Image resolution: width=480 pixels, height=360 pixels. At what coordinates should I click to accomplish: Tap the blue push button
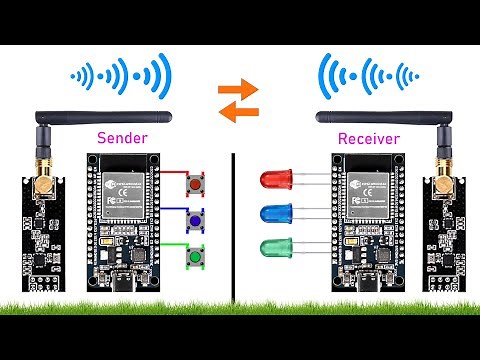click(x=194, y=222)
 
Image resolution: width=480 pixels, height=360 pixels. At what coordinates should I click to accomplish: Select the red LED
click(x=274, y=180)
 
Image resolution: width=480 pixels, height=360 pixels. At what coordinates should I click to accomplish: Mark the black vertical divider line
click(x=233, y=230)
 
